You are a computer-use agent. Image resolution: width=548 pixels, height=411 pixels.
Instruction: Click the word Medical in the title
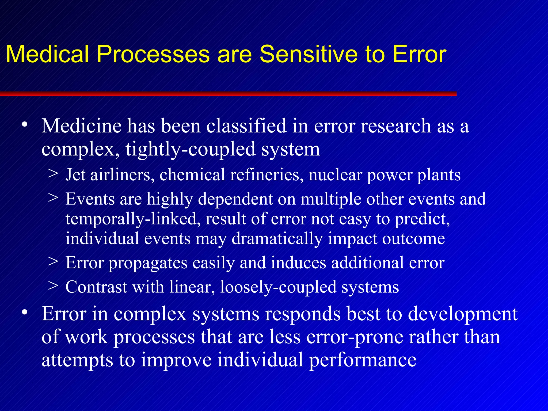pos(47,54)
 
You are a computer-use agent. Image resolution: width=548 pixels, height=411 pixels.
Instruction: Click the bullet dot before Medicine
pos(25,125)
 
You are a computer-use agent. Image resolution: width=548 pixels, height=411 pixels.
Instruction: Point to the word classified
pos(246,126)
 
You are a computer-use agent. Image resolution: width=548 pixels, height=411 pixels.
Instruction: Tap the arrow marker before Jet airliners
pos(54,173)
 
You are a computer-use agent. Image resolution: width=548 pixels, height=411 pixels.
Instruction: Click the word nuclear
pos(335,175)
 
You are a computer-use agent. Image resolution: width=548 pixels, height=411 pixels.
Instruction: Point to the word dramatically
pos(277,239)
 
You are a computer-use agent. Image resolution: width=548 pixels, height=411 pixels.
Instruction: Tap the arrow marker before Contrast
pos(54,286)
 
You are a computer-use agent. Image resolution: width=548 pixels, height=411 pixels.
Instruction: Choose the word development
pos(462,314)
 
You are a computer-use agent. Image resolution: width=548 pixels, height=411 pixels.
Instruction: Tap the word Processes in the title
pos(153,54)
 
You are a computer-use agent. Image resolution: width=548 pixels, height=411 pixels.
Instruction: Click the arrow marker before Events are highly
pos(54,198)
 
